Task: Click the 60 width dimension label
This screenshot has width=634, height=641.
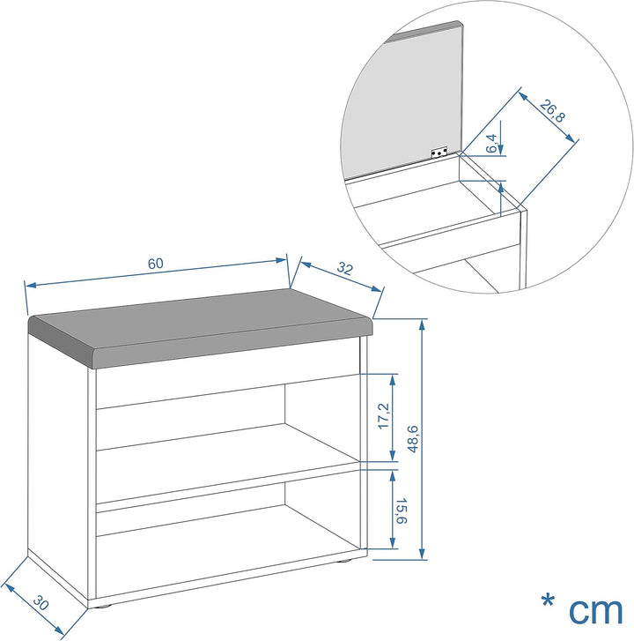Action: (x=156, y=264)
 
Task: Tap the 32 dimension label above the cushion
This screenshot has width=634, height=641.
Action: (x=344, y=269)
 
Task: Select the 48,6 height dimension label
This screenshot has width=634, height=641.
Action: (x=413, y=439)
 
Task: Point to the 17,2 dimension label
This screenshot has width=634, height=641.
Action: (x=384, y=416)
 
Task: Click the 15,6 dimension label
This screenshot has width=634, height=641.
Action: (x=401, y=511)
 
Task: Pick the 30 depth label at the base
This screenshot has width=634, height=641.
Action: (x=41, y=602)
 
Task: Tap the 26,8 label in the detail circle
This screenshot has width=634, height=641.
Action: (x=552, y=110)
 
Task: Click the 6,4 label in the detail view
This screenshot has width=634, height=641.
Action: (x=491, y=144)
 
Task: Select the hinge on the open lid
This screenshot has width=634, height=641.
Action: (x=439, y=153)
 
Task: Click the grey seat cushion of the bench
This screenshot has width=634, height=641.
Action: (x=201, y=327)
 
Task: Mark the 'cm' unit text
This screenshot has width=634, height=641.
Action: (x=595, y=611)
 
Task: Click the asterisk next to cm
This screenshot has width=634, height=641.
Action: (x=548, y=601)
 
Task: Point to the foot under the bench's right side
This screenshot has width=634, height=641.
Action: (x=345, y=561)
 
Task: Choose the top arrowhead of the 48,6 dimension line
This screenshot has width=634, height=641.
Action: (x=423, y=324)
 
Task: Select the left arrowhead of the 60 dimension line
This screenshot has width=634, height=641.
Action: (x=31, y=284)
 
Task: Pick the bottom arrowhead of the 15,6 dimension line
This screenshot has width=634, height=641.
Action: (x=393, y=543)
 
